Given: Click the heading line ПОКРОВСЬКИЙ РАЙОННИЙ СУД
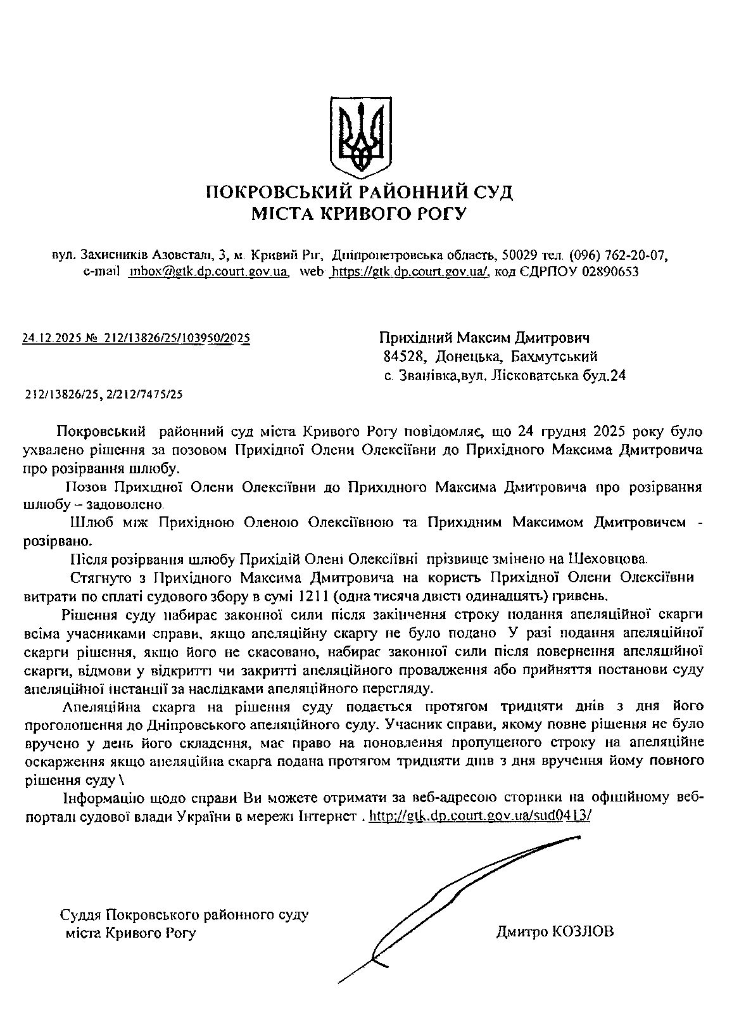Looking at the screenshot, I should (360, 192).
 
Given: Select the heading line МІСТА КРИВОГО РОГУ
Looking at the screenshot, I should (359, 214).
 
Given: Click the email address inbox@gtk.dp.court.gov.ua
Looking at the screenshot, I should (208, 272).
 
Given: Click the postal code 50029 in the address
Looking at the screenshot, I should (519, 256).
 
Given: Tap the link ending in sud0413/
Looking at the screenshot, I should (479, 817).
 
